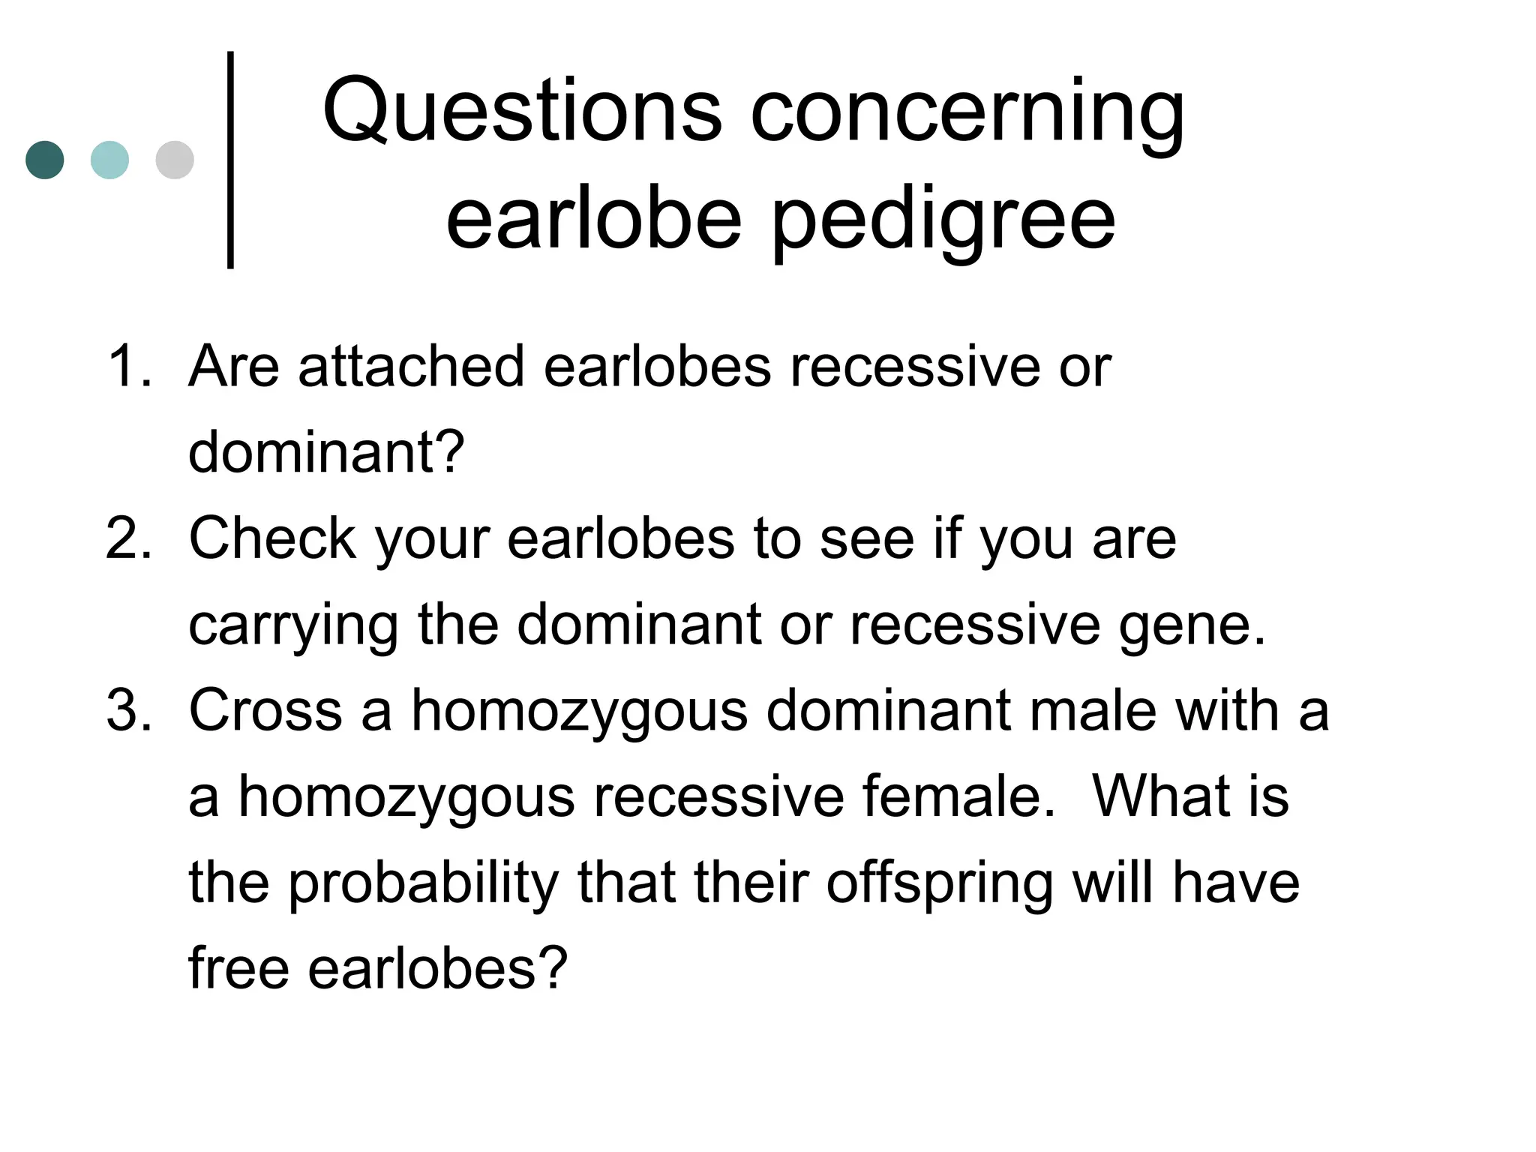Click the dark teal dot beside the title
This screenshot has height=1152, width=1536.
(x=45, y=160)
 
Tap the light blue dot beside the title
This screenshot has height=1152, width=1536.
(x=109, y=160)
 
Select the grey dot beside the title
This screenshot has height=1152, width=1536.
(x=175, y=160)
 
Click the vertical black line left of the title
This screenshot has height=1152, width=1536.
(x=230, y=160)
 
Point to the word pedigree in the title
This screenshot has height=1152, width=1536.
(x=943, y=219)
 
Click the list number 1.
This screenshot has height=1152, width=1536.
(x=129, y=366)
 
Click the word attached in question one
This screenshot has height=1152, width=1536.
(x=410, y=366)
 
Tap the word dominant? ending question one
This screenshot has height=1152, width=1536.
(x=326, y=452)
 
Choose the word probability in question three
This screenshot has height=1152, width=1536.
(x=423, y=883)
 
